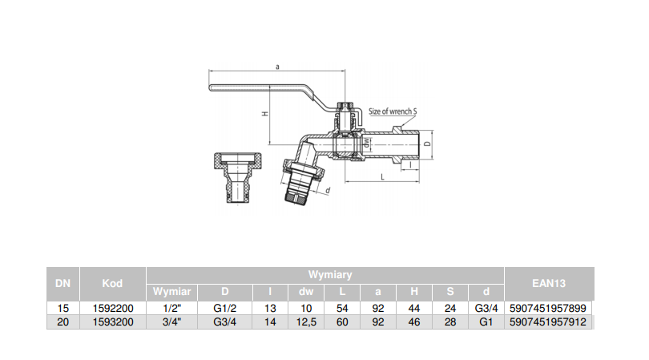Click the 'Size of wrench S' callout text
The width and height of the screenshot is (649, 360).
pyautogui.click(x=393, y=111)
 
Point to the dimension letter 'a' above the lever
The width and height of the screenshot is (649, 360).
pyautogui.click(x=276, y=68)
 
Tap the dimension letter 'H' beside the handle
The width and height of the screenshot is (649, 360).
pyautogui.click(x=264, y=115)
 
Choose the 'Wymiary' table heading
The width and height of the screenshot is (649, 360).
pyautogui.click(x=325, y=274)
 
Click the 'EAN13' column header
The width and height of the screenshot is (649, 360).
pyautogui.click(x=549, y=282)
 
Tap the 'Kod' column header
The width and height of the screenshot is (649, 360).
pyautogui.click(x=112, y=282)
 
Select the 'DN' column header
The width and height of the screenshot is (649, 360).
pyautogui.click(x=62, y=282)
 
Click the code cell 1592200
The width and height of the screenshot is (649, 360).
pyautogui.click(x=112, y=308)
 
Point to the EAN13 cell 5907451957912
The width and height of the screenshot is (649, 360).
pyautogui.click(x=549, y=322)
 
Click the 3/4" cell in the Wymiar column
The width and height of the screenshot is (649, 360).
pyautogui.click(x=171, y=322)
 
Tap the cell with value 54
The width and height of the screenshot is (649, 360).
pyautogui.click(x=342, y=308)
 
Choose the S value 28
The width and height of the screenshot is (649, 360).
pyautogui.click(x=451, y=322)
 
